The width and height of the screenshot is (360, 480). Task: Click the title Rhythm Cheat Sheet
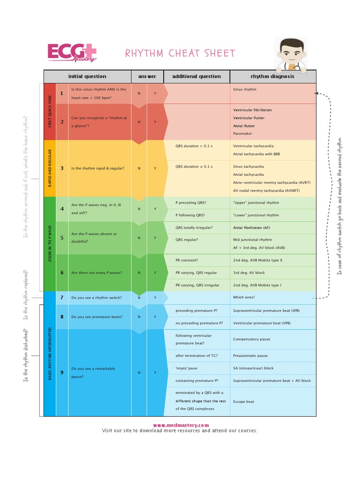tap(180, 53)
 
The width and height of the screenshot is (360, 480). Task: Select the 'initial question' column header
tap(87, 76)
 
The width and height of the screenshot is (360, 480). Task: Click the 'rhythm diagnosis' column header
tap(272, 76)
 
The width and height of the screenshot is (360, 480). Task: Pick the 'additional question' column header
tap(196, 76)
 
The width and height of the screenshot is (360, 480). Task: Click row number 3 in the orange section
tap(62, 168)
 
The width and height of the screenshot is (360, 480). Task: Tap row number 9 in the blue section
tap(62, 372)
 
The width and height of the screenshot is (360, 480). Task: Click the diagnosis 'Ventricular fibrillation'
tap(252, 110)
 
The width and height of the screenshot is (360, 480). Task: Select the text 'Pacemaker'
tap(242, 134)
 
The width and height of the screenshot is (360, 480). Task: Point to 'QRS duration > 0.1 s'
tap(194, 146)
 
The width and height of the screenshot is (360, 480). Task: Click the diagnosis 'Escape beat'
tap(244, 402)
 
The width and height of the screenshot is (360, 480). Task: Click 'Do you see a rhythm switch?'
tap(96, 297)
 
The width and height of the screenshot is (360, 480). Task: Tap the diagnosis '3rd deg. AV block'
tap(249, 272)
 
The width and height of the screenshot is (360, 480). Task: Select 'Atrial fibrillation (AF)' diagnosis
tap(252, 228)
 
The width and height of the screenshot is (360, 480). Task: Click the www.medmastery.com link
tap(180, 425)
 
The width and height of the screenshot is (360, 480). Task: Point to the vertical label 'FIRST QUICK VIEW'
tap(50, 112)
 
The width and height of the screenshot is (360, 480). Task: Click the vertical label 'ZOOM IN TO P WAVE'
tap(50, 244)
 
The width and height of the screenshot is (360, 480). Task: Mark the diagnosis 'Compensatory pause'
tap(251, 339)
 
